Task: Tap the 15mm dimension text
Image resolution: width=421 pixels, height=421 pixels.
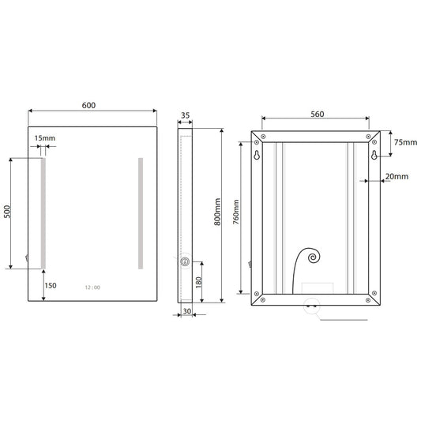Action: click(x=45, y=139)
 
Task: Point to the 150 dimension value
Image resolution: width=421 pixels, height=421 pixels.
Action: click(x=51, y=285)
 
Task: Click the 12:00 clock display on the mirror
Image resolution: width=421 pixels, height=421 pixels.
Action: click(x=92, y=288)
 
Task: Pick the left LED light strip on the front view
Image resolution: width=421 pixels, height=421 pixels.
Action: click(x=43, y=213)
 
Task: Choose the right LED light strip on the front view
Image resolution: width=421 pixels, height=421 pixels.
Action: click(x=141, y=213)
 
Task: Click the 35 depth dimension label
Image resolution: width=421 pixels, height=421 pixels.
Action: click(x=186, y=115)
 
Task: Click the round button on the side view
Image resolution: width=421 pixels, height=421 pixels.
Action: click(x=185, y=263)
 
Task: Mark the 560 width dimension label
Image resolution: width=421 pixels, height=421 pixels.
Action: click(x=318, y=114)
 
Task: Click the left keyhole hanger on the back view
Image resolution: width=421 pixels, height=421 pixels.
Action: click(x=257, y=156)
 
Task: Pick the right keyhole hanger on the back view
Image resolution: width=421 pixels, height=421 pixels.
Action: click(x=374, y=156)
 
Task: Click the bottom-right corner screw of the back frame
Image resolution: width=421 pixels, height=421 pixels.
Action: click(x=369, y=299)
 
